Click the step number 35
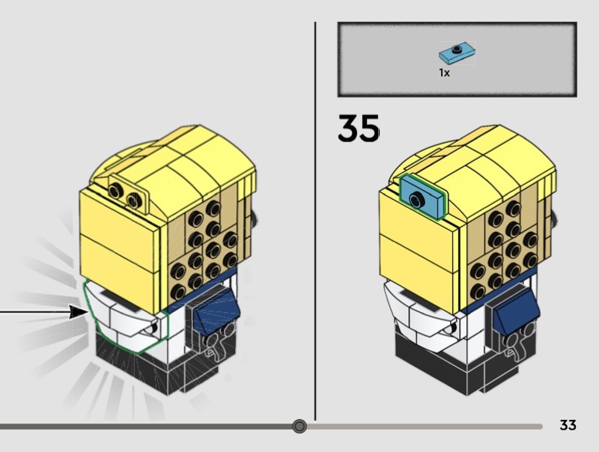pos(358,129)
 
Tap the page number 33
pos(568,425)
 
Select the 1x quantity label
pos(444,73)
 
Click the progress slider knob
pos(299,427)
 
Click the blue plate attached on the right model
pos(423,197)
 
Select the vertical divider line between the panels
pos(315,225)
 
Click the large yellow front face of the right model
pos(419,254)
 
